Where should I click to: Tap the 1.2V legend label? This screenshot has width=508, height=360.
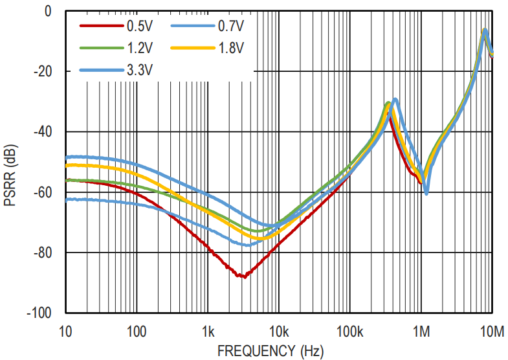(140, 47)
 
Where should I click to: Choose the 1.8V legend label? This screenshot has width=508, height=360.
(230, 47)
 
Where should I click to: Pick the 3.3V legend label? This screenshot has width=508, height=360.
(140, 69)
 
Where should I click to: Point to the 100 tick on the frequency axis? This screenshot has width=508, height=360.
(136, 332)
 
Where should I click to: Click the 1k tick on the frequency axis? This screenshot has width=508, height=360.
(208, 332)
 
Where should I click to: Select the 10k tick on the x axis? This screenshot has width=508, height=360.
(279, 332)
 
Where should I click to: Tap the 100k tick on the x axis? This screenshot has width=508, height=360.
(350, 332)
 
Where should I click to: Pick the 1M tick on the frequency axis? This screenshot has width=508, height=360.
(421, 332)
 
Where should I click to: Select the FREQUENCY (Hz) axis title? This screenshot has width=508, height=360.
(269, 352)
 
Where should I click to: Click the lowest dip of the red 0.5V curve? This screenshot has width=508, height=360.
(242, 276)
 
